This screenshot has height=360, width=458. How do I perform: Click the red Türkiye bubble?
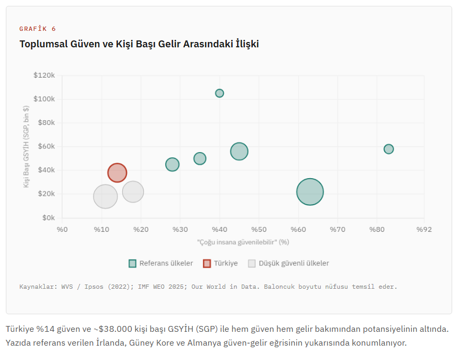(x=117, y=172)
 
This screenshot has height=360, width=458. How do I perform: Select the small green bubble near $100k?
(x=219, y=93)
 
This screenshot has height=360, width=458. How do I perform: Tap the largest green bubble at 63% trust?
(x=310, y=192)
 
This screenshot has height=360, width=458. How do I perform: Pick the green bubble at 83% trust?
(x=388, y=149)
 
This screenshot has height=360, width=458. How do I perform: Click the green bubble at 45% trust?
(x=239, y=151)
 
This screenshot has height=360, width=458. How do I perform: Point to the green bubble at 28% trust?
(x=172, y=164)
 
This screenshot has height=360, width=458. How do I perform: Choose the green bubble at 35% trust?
(x=200, y=158)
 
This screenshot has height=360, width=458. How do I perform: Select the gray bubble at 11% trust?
(x=105, y=196)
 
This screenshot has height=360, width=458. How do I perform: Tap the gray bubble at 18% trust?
(x=133, y=191)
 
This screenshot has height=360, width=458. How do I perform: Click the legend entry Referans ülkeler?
(x=161, y=263)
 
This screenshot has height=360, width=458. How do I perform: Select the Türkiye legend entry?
(x=220, y=263)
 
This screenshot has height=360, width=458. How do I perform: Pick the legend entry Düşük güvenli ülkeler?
(x=289, y=263)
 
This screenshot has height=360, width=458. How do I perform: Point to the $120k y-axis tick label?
(x=44, y=76)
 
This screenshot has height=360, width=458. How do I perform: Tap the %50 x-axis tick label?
(x=259, y=229)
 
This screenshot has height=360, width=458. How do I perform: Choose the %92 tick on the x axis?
(x=424, y=229)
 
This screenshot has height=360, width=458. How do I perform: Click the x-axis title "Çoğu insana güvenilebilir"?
(x=243, y=242)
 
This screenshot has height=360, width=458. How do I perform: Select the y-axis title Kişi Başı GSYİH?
(x=26, y=147)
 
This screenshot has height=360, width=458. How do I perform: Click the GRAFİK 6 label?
(x=38, y=29)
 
